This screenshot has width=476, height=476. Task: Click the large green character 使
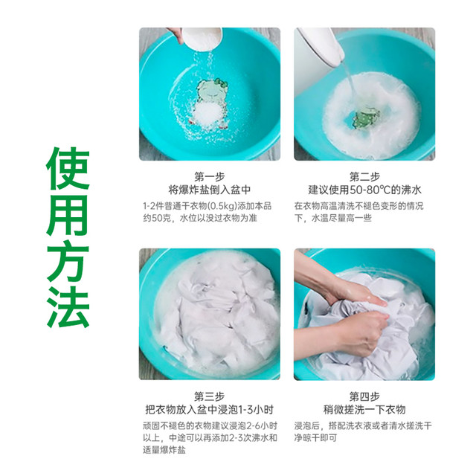pos(68,169)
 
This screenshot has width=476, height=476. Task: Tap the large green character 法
pos(68,306)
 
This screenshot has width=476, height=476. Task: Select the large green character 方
pos(68,260)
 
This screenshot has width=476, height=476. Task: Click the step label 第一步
pos(210,177)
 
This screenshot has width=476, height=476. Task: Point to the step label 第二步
pos(364,177)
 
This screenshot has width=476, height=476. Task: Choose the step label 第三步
pos(210,396)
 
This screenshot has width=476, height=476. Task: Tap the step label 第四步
pos(364,396)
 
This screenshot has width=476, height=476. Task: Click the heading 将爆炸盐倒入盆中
pos(210,190)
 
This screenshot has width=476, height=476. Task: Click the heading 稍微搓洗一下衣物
pos(364,410)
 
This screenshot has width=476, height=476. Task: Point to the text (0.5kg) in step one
pos(222,206)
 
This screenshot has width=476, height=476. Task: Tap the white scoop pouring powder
pos(202,38)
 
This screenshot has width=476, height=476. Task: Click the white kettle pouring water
pos(321,45)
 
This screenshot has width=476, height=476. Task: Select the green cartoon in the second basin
pos(366,118)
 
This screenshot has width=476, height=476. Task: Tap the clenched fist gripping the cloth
pos(370,334)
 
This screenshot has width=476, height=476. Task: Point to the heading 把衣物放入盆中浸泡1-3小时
pos(210,410)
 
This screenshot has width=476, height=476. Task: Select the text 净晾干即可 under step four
pos(315,438)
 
